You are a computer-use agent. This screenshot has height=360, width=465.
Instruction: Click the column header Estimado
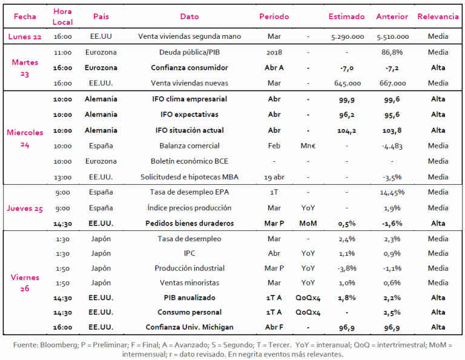(x=346, y=16)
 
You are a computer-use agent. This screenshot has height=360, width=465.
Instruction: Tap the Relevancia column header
(x=438, y=16)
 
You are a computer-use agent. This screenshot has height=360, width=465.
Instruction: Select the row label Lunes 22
(x=25, y=36)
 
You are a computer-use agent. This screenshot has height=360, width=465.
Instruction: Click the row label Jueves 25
(x=25, y=208)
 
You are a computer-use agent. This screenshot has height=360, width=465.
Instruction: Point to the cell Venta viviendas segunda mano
(x=190, y=36)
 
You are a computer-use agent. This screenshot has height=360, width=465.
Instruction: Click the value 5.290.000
(x=348, y=36)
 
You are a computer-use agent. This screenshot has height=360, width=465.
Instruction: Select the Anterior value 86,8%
(x=392, y=52)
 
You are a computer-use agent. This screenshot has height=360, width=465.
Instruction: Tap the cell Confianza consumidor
(x=190, y=68)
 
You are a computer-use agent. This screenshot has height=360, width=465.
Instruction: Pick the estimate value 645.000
(x=348, y=83)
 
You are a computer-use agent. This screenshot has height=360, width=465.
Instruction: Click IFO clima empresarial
(x=190, y=99)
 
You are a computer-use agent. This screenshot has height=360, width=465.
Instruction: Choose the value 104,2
(x=347, y=130)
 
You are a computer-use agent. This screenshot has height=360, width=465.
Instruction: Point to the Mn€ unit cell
(x=308, y=145)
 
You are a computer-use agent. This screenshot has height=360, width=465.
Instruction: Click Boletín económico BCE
(x=190, y=161)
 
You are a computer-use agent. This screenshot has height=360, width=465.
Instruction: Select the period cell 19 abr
(x=274, y=177)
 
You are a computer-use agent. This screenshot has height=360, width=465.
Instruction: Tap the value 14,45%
(x=392, y=192)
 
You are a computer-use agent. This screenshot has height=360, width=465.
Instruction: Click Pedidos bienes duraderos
(x=190, y=223)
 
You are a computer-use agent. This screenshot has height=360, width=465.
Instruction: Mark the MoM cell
(x=308, y=223)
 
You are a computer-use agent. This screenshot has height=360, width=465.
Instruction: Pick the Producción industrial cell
(x=190, y=268)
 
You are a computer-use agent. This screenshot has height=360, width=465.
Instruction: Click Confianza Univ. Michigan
(x=190, y=327)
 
